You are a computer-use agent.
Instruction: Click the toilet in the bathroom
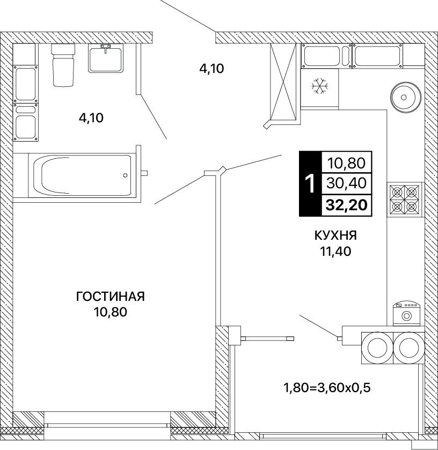coord(63,65)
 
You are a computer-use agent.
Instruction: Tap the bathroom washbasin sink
coord(105,59)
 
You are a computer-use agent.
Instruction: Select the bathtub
coord(82,175)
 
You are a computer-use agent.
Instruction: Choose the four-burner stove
coord(404,199)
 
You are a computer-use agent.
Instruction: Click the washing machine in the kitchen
coord(406,313)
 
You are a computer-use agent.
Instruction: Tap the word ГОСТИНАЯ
coord(110,297)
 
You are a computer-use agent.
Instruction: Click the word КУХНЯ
coord(336,235)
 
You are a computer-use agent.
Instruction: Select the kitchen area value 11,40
coord(336,252)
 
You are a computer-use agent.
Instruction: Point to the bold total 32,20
coord(346,205)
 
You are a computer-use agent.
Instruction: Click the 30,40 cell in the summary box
coord(346,183)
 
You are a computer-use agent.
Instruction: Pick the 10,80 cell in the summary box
coord(346,163)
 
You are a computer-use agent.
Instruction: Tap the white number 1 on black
coord(310,183)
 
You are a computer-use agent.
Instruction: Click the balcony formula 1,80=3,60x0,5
coord(327,388)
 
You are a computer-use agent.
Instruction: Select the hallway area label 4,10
coord(211,69)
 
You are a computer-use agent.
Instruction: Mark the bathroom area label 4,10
coord(91,117)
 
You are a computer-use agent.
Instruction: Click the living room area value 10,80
coord(110,312)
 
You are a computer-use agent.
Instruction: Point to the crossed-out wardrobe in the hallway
coord(283,81)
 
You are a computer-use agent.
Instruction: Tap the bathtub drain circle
coord(125,175)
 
